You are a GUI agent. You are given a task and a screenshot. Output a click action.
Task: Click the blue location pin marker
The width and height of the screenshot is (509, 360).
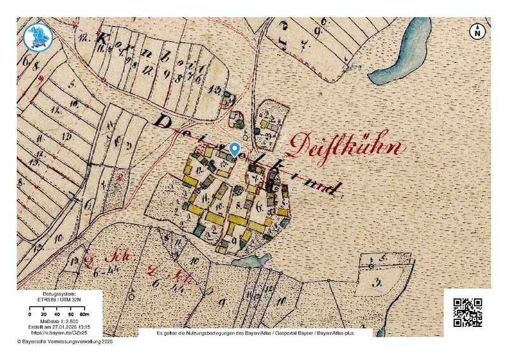pyautogui.click(x=235, y=149)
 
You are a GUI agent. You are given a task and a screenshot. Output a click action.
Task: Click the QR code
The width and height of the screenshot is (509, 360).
pyautogui.click(x=467, y=312)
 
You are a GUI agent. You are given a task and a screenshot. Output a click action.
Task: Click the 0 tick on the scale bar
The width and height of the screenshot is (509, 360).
pyautogui.click(x=31, y=314)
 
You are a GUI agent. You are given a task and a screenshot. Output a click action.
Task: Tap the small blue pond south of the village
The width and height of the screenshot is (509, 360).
pyautogui.click(x=252, y=261)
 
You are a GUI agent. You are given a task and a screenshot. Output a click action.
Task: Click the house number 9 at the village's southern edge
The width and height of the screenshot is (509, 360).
pyautogui.click(x=234, y=240)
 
